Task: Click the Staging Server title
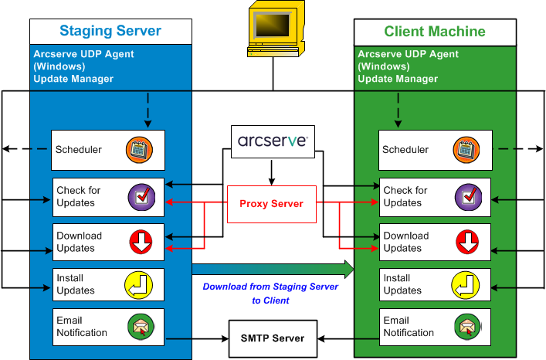pos(110,32)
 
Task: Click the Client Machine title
pos(435,32)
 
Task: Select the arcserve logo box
pos(273,141)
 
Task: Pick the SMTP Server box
pos(273,338)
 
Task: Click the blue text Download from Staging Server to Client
pos(270,293)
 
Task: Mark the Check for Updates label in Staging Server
pos(79,196)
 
